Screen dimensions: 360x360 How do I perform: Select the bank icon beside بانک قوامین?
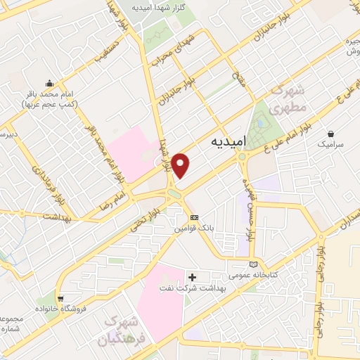[195, 217]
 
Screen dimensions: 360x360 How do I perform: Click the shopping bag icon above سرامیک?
[330, 132]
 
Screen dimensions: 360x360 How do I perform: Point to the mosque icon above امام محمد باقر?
[49, 82]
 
